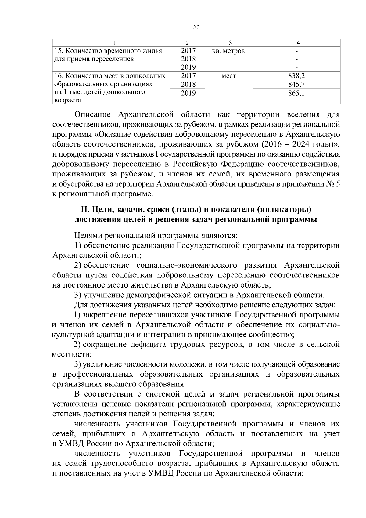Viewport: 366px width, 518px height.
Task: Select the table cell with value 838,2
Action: [296, 76]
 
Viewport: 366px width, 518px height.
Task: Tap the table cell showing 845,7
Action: [296, 84]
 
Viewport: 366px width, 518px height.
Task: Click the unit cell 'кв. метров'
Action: [228, 51]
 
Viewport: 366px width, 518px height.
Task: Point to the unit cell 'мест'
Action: [228, 76]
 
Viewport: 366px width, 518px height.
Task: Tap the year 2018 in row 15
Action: [188, 59]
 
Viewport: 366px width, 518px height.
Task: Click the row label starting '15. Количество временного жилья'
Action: [108, 51]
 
